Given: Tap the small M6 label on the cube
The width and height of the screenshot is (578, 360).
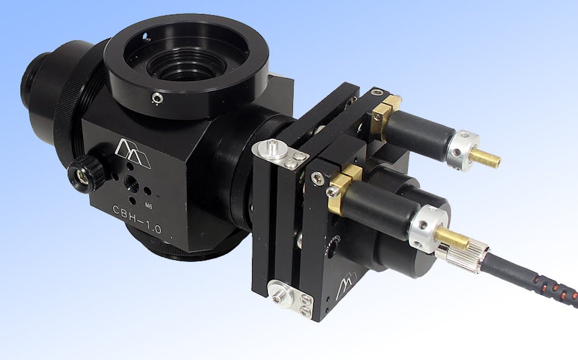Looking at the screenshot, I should (x=148, y=205).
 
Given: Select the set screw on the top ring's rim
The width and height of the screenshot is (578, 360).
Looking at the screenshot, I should (x=157, y=97).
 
